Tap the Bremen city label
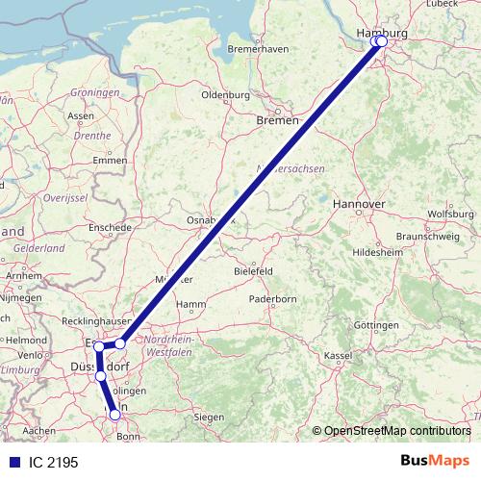point(278,120)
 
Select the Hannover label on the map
point(358,205)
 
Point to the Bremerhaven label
point(259,48)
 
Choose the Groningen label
point(94,92)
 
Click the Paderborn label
point(272,299)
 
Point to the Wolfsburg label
point(450,214)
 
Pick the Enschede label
point(109,227)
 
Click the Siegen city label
point(209,417)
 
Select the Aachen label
point(39,430)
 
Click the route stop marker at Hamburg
point(380,41)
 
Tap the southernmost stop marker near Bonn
point(115,415)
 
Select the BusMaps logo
point(435,462)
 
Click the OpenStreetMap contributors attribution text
point(392,432)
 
